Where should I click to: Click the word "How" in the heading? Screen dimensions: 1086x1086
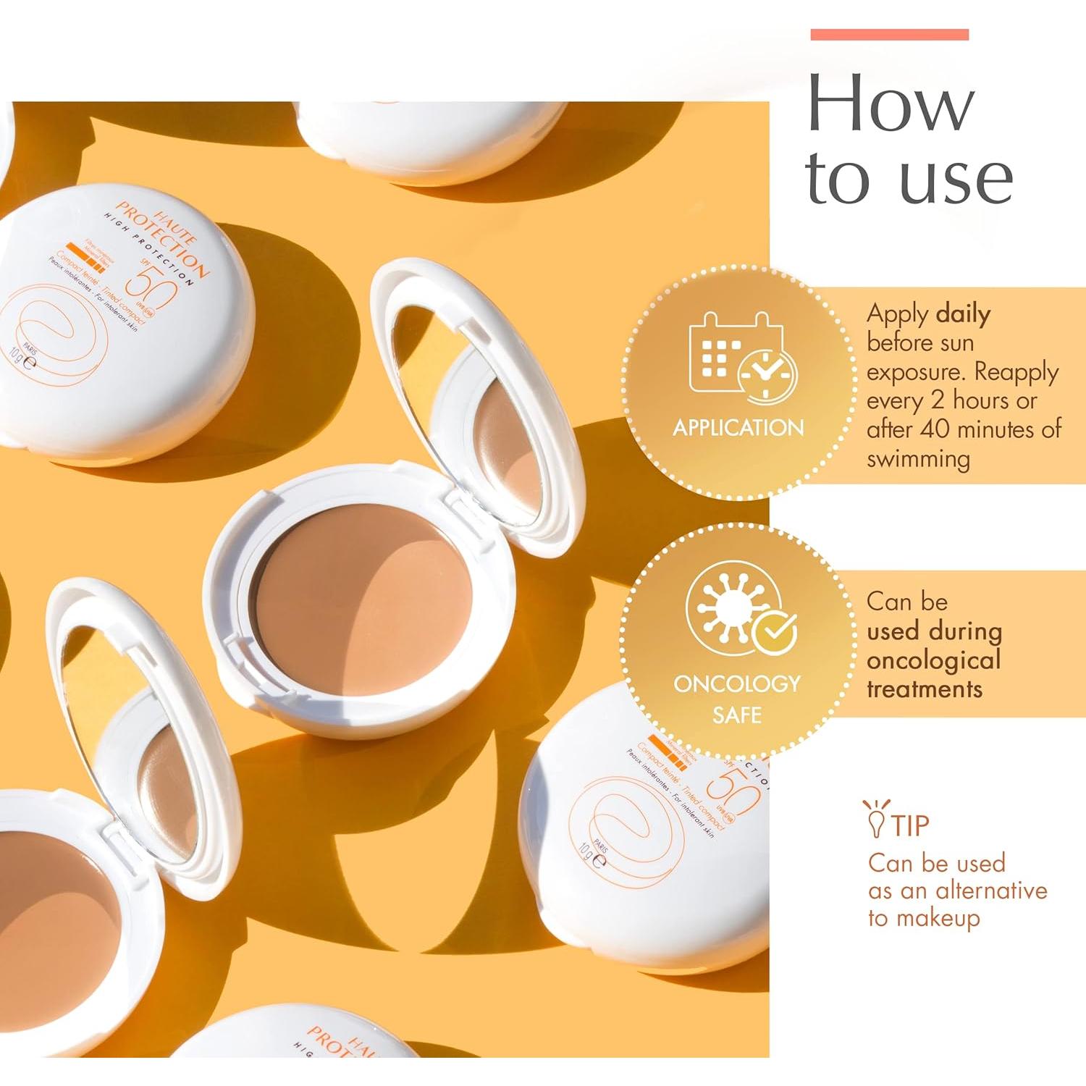pos(891,105)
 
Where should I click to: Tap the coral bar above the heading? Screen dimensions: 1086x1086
pos(889,35)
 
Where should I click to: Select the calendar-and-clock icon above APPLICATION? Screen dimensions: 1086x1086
pos(742,358)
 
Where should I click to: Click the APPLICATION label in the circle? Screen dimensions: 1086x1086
pos(738,428)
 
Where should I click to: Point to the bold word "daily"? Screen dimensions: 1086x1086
pos(963,314)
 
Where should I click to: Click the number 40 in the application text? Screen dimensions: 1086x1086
pos(935,429)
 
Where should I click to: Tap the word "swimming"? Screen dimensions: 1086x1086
pos(918,459)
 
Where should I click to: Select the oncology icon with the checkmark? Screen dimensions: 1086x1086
pos(740,608)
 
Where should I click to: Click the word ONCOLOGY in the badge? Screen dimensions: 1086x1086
pos(736,683)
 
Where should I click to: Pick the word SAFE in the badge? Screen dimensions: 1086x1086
pos(736,715)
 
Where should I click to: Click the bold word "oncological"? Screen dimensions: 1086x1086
pos(933,660)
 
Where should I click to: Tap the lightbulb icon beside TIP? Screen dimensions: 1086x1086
pos(875,818)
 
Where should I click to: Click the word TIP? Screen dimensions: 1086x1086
pos(910,825)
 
